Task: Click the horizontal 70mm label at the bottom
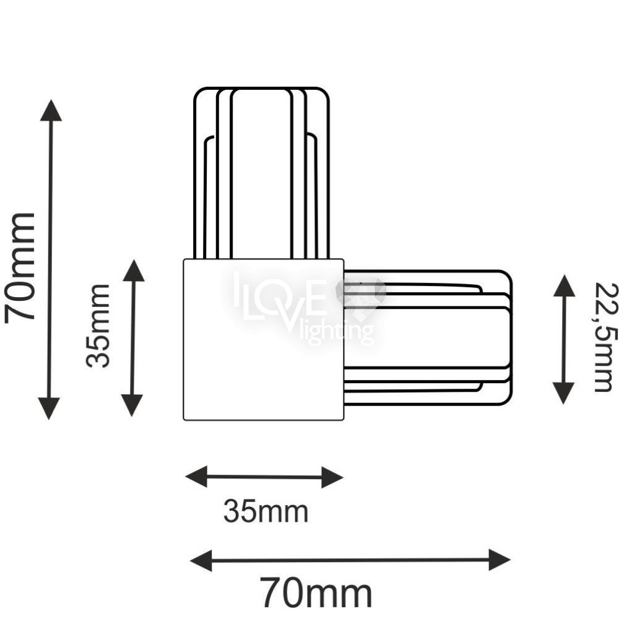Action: pyautogui.click(x=316, y=594)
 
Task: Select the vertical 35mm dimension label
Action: pyautogui.click(x=98, y=326)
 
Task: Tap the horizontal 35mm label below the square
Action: pyautogui.click(x=266, y=511)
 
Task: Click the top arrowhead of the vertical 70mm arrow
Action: pyautogui.click(x=51, y=110)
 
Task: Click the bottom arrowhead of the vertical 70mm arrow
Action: pyautogui.click(x=49, y=409)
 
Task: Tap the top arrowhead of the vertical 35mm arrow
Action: pyautogui.click(x=134, y=271)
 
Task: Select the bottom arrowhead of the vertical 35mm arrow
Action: pyautogui.click(x=131, y=405)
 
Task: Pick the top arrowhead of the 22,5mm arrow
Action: pyautogui.click(x=564, y=286)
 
